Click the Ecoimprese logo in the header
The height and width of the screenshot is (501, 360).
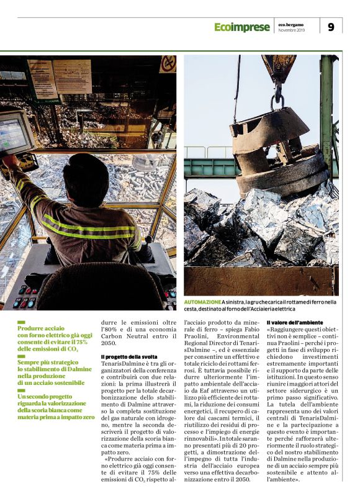[241, 27]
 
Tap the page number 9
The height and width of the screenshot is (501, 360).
[331, 27]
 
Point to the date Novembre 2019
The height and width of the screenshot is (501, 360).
[291, 30]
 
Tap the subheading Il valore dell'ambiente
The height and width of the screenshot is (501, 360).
[296, 323]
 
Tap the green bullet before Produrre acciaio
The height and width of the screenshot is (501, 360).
[22, 322]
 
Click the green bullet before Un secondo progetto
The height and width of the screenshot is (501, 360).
[22, 390]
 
